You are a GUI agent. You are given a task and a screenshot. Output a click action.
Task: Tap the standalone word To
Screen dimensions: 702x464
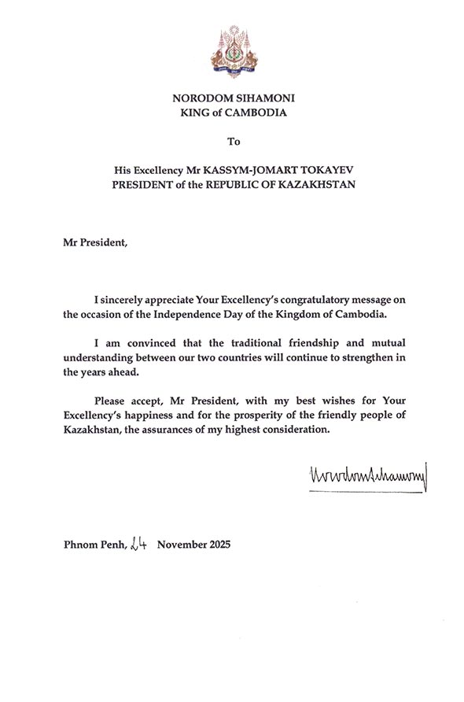click(x=232, y=142)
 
